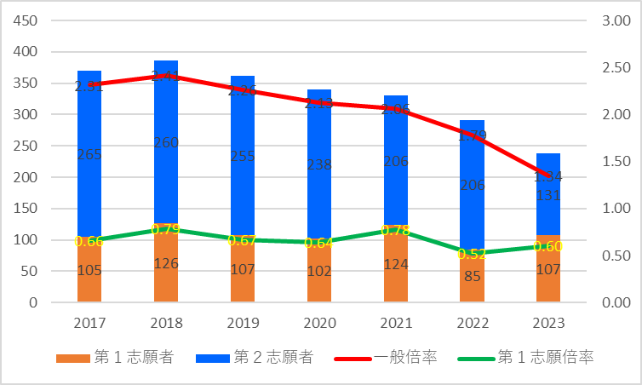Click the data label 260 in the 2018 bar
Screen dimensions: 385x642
pos(166,143)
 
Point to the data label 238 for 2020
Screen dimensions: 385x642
pos(319,165)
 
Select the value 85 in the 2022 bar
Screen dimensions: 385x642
pos(472,276)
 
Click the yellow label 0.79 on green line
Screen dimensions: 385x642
pos(165,229)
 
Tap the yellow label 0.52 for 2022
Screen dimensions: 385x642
pos(472,254)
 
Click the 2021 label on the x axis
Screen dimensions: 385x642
pos(396,324)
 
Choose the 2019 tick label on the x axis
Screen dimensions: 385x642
pos(243,324)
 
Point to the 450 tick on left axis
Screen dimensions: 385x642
pos(26,20)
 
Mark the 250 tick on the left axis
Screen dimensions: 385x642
pos(26,146)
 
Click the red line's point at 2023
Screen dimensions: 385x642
pos(548,176)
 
